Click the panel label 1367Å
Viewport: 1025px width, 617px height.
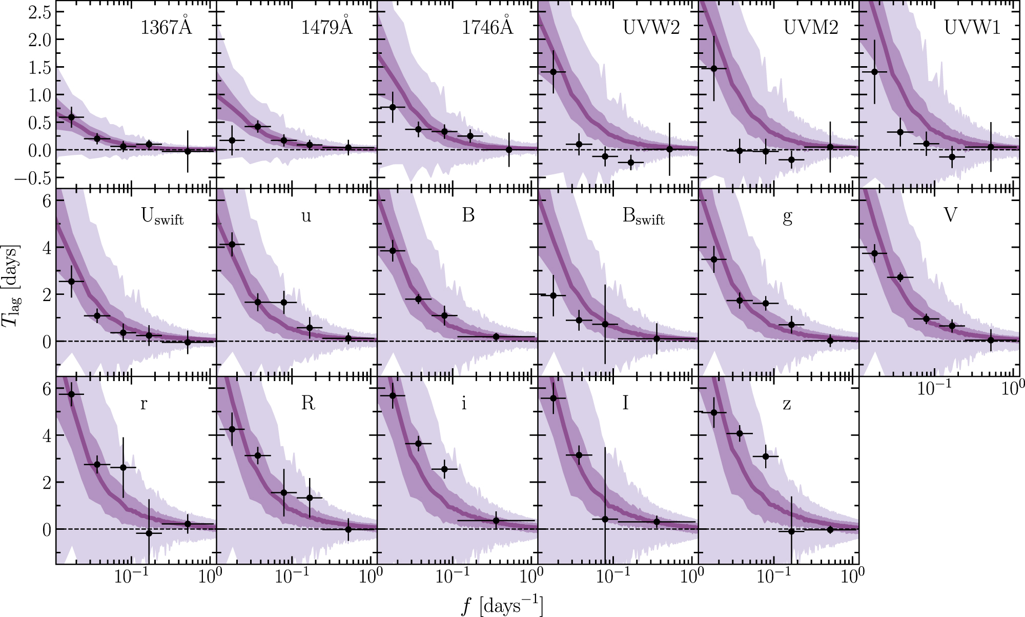(166, 27)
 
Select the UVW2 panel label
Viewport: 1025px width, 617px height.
(651, 27)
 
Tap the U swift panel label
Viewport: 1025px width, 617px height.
(162, 217)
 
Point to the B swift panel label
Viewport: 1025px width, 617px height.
(643, 217)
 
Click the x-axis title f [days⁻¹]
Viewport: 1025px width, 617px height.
(502, 606)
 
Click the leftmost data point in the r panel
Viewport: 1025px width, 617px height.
(71, 394)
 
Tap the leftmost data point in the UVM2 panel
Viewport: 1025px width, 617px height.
(714, 68)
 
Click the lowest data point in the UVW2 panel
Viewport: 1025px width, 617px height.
(631, 162)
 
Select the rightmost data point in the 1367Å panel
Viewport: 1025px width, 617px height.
(188, 151)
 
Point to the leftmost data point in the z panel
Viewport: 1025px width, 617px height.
(714, 412)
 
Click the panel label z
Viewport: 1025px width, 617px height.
(787, 404)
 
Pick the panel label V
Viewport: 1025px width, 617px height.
(950, 215)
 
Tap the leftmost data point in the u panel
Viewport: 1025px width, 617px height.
(232, 244)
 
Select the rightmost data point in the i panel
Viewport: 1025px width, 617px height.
(496, 520)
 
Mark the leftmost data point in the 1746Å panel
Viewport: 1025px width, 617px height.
(393, 107)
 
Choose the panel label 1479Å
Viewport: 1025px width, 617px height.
(326, 27)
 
